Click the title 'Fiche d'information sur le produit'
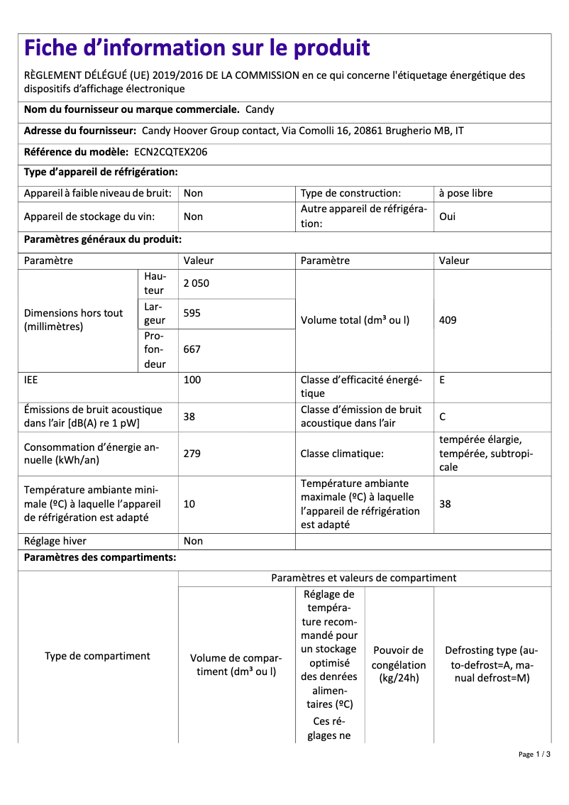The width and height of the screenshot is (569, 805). tap(197, 48)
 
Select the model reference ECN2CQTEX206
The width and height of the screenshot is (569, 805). tap(170, 152)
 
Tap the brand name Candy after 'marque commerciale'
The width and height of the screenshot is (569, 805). tap(260, 110)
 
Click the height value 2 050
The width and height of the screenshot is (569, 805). tap(197, 283)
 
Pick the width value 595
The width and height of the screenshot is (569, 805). tap(192, 313)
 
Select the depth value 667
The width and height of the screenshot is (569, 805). tap(192, 349)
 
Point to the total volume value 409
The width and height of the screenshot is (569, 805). tap(448, 320)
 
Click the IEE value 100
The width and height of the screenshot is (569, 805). tap(192, 380)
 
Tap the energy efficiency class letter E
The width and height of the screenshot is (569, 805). tap(442, 380)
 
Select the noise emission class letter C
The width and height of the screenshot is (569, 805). tap(443, 417)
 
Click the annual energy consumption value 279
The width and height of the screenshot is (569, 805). tap(192, 453)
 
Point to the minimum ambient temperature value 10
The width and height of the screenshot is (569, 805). tap(189, 504)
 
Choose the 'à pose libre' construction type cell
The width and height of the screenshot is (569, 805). tap(465, 193)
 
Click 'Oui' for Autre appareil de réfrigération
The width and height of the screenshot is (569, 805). tap(448, 217)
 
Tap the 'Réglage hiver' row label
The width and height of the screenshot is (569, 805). tap(55, 541)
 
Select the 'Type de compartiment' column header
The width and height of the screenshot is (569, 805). tap(97, 656)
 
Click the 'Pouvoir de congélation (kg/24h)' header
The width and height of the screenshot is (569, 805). tap(399, 664)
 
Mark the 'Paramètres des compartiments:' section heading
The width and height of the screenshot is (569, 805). tap(100, 558)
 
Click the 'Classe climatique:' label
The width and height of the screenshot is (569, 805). tap(342, 453)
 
